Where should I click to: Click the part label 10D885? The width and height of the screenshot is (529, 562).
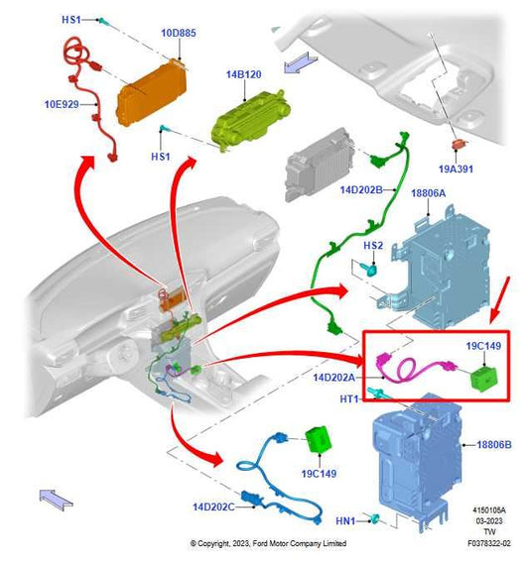click(179, 33)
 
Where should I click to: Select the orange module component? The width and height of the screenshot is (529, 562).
click(152, 93)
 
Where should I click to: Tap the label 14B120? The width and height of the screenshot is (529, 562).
click(244, 74)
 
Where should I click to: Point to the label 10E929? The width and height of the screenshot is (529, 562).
click(62, 104)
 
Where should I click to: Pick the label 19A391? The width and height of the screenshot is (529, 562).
click(456, 169)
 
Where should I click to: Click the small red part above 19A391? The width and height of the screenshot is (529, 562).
click(459, 145)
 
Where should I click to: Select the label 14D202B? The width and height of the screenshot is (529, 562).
click(361, 189)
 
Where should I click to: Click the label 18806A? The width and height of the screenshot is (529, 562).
click(429, 193)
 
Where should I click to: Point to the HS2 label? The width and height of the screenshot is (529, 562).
click(373, 246)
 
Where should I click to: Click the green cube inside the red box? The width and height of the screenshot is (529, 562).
click(484, 378)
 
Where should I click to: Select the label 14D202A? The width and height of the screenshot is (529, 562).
click(333, 378)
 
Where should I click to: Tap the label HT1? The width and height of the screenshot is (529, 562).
click(349, 398)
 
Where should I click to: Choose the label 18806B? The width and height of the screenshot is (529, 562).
click(494, 445)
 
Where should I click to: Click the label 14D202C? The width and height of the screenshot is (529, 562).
click(214, 507)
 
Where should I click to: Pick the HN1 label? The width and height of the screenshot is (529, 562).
click(345, 520)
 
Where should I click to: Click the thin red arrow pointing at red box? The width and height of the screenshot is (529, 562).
click(499, 298)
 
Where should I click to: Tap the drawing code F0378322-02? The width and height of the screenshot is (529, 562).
click(489, 544)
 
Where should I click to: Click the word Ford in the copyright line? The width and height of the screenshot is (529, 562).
click(260, 544)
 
